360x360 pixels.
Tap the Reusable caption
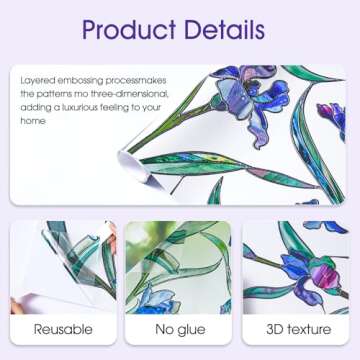tap(62, 329)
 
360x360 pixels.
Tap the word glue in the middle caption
tap(191, 329)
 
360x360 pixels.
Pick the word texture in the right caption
tap(308, 329)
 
